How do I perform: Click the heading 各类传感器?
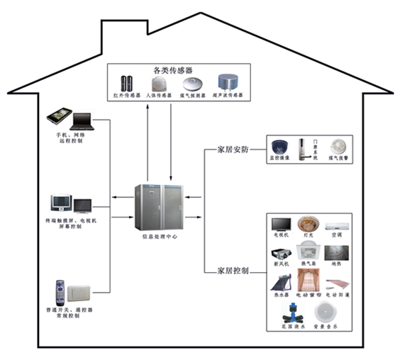pyautogui.click(x=167, y=70)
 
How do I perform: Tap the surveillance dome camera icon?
pyautogui.click(x=278, y=147)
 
